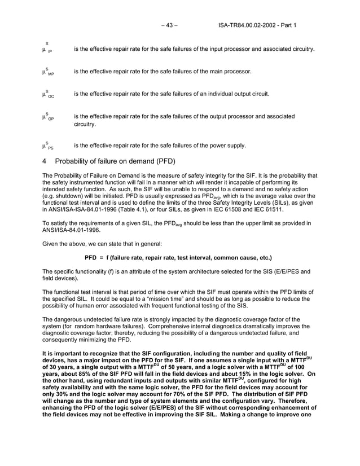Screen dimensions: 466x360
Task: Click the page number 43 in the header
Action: [x=169, y=25]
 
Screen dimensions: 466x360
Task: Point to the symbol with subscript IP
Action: [x=47, y=49]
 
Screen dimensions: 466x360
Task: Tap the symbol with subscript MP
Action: [x=48, y=72]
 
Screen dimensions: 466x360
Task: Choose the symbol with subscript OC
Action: [x=48, y=94]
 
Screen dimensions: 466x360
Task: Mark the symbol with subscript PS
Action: [x=48, y=146]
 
